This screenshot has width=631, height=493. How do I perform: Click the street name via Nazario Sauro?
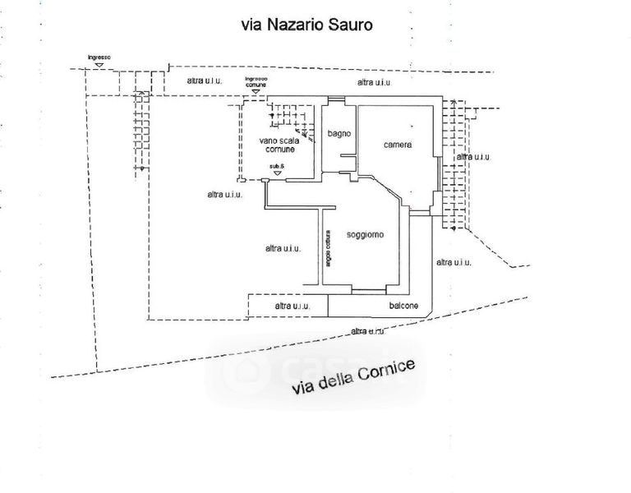point(306,25)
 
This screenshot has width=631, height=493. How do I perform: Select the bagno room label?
point(339,133)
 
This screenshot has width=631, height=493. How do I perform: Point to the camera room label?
point(397,145)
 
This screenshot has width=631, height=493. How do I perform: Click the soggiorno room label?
point(365,235)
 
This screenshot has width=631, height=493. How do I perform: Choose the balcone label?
point(403,306)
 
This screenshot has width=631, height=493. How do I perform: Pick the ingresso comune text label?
point(256,81)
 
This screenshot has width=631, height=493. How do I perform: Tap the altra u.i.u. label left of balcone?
point(292,306)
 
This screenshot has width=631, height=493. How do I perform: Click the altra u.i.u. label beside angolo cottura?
point(282,248)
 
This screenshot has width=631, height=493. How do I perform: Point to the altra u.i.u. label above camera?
point(374,83)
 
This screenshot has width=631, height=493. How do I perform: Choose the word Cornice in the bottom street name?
point(387,371)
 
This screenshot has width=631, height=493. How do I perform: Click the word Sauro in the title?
point(350,25)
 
